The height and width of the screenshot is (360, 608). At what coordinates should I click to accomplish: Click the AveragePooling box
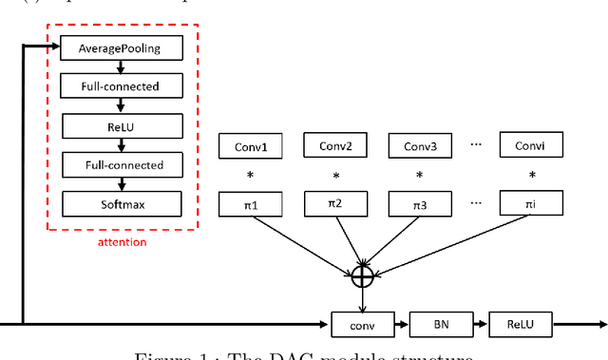point(120,47)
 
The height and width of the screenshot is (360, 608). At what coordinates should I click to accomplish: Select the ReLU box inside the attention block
point(120,125)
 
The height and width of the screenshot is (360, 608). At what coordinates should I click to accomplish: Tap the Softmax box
point(120,202)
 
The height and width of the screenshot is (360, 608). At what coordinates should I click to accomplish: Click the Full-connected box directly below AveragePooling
point(120,86)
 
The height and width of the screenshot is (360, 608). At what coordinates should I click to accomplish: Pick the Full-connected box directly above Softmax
point(120,164)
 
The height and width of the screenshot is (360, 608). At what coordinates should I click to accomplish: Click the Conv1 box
point(252,146)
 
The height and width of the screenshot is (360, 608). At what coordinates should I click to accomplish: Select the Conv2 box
point(336,146)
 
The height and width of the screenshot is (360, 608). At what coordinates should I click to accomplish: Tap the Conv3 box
point(421,146)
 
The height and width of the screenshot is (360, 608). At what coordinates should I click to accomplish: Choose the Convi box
point(530,146)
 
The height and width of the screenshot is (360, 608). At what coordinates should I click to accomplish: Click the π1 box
point(252,202)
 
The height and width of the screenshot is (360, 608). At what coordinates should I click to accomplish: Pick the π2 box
point(336,202)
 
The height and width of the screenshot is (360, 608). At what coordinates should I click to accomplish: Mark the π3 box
point(421,202)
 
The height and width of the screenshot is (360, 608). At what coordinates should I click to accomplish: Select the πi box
point(530,202)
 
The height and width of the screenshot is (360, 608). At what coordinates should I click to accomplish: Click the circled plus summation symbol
point(362,276)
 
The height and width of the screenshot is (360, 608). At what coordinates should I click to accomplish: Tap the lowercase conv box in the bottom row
point(362,324)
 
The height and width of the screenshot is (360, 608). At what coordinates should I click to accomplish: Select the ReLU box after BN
point(521,324)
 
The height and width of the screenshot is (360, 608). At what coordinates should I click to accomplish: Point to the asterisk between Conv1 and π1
point(252,176)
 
